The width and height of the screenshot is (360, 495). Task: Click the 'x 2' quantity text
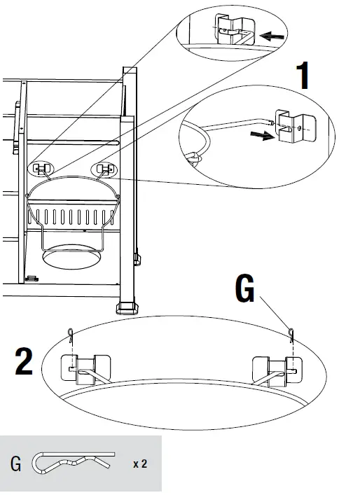pos(140,463)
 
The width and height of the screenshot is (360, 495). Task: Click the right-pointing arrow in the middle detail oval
pos(261,137)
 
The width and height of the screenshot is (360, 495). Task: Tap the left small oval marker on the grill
pos(41,169)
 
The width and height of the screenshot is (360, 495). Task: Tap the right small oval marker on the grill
pos(105,169)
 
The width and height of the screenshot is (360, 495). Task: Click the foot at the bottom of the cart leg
pos(127,307)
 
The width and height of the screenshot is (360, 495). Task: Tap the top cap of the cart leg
pos(130,71)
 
